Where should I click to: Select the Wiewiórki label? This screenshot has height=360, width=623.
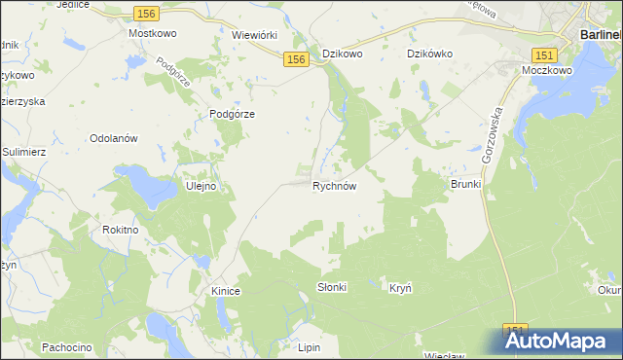click(x=255, y=34)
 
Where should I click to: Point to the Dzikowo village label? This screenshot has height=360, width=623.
click(x=342, y=54)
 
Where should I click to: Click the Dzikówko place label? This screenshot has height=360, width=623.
click(x=429, y=54)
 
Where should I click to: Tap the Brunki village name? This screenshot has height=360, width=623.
click(x=465, y=184)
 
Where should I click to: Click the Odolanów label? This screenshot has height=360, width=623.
click(x=115, y=138)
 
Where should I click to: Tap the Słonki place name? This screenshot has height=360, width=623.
click(x=332, y=288)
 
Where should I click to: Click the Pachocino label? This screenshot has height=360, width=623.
click(x=66, y=346)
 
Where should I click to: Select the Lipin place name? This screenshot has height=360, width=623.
click(x=310, y=346)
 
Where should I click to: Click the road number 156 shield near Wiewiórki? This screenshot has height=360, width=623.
click(x=297, y=60)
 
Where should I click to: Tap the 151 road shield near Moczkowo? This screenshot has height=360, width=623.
click(x=544, y=54)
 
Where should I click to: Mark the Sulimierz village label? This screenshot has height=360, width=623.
click(x=24, y=153)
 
